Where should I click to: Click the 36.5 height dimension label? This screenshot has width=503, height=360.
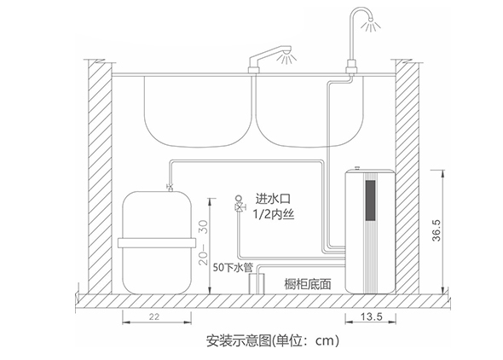(x=437, y=230)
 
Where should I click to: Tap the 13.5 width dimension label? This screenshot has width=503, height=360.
(x=372, y=316)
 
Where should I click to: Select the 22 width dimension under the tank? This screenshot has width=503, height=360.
(x=154, y=316)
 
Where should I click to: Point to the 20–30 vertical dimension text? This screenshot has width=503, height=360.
(x=203, y=242)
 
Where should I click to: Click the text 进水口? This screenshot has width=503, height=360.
(x=273, y=199)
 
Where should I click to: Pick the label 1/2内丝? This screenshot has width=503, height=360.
(x=274, y=214)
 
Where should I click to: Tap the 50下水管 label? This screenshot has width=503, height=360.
(x=233, y=267)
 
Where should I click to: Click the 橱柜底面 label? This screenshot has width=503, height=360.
(x=307, y=283)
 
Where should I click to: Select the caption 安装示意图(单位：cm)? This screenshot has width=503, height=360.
(x=272, y=340)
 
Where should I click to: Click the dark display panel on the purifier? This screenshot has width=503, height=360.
(x=371, y=200)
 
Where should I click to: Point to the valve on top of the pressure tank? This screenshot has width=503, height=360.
(x=170, y=187)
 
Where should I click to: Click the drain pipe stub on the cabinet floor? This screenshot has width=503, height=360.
(x=257, y=283)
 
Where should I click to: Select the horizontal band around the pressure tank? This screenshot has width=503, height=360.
(x=157, y=243)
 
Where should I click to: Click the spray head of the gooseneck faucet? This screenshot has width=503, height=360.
(x=370, y=20)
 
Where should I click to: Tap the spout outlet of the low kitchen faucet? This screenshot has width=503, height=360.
(x=286, y=50)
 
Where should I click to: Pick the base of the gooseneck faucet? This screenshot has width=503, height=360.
(x=351, y=67)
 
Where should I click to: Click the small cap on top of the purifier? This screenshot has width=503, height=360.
(x=357, y=168)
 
